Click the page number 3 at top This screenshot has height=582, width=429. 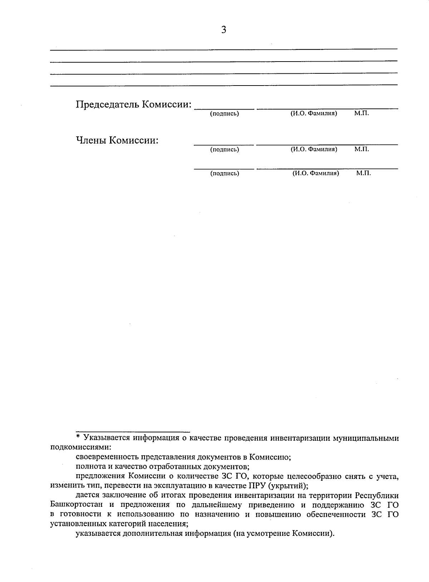pos(224,30)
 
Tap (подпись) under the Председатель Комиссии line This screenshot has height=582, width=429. pos(225,114)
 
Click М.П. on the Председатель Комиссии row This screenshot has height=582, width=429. pos(361,113)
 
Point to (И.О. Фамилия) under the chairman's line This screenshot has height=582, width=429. pos(314,114)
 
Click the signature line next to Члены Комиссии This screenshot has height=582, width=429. pos(224,145)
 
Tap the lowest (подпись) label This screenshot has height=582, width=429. pos(225,174)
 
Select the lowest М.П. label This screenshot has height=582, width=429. pos(363,173)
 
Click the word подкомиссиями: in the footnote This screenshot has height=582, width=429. pos(81,447)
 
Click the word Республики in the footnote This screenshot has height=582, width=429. pos(377,495)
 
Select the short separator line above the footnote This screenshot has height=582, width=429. pos(133,432)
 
